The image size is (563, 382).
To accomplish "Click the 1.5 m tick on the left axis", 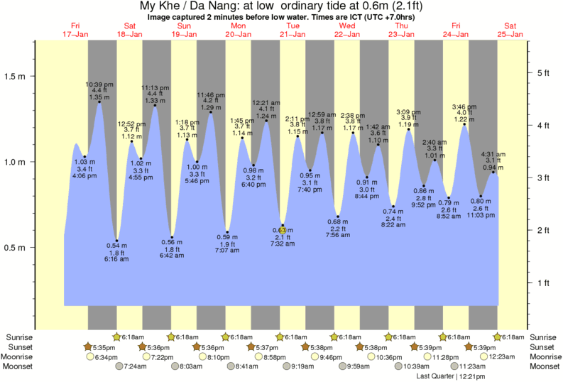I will click(33, 75).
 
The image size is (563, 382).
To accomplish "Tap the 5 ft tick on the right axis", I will click(530, 72).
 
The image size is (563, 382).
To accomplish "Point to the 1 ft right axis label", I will click(543, 283).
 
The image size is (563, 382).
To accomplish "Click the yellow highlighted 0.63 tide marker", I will click(282, 229).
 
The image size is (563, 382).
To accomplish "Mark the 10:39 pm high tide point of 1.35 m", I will click(99, 102).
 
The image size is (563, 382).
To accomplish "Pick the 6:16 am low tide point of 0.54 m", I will click(117, 241).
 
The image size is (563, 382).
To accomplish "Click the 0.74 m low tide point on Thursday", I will click(393, 207).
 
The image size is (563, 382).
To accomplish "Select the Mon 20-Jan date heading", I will click(237, 30).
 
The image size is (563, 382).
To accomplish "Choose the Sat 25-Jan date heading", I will click(509, 30).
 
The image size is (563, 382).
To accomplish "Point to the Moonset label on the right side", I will click(543, 366).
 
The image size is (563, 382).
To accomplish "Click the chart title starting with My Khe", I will click(282, 6).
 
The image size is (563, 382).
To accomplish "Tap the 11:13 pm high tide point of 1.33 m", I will click(155, 106).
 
